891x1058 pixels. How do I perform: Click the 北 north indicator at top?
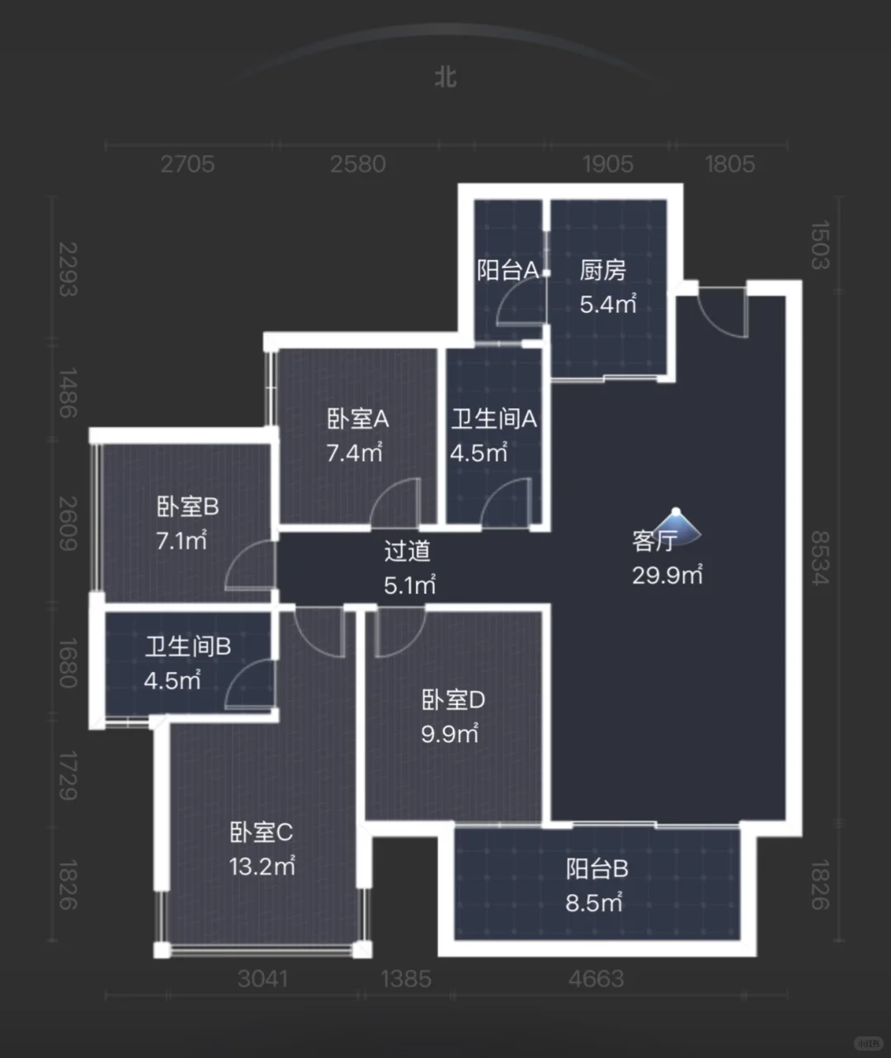(x=445, y=77)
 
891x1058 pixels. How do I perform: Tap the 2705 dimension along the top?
(x=187, y=163)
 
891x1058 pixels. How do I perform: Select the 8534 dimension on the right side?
(x=819, y=557)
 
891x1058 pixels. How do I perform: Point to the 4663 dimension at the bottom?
(x=596, y=979)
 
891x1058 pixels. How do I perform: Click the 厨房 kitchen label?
(x=603, y=270)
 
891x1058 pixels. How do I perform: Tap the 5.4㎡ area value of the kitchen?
(x=608, y=304)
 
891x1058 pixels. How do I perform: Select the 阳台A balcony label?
(x=507, y=270)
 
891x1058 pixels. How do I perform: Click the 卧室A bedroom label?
(x=357, y=419)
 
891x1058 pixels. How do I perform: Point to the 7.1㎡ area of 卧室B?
(x=181, y=541)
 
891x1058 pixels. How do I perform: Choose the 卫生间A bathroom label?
(x=493, y=419)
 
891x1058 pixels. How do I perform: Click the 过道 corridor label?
(x=407, y=551)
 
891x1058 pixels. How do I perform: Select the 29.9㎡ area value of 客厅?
(x=667, y=575)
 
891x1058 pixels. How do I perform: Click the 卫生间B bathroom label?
(x=188, y=647)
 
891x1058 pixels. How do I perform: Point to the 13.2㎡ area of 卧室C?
(x=262, y=866)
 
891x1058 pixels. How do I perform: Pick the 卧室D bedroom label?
(x=453, y=700)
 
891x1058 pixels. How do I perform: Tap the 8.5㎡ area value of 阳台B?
(x=594, y=903)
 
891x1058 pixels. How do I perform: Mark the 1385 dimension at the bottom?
(x=406, y=979)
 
